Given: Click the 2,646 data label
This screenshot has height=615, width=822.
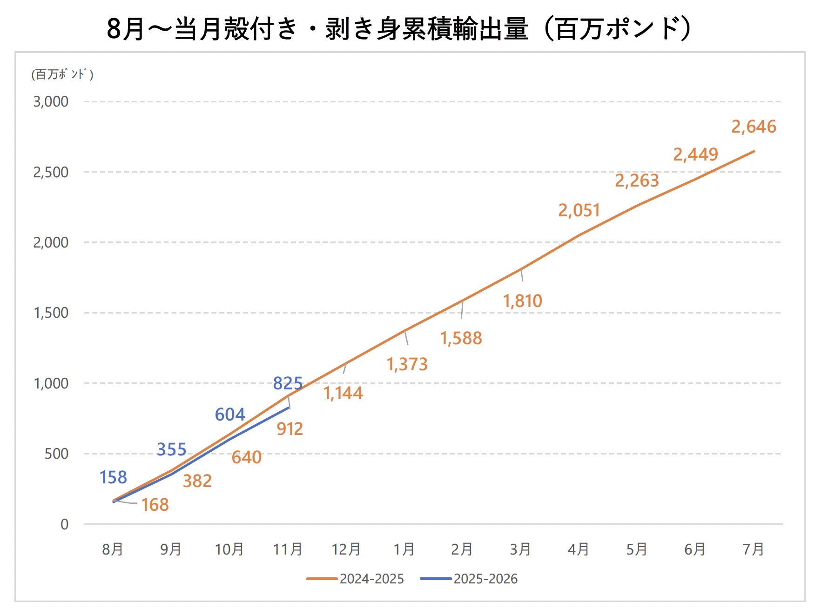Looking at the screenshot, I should point(754,127).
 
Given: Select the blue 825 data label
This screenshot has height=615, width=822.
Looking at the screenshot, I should point(288,383).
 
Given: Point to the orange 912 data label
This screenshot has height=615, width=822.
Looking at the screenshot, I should point(290,429).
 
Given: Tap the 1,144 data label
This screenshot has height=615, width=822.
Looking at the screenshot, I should point(343,393).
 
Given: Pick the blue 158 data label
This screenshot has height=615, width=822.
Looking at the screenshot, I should point(113,477).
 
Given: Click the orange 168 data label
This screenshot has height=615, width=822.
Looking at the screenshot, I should point(155,505).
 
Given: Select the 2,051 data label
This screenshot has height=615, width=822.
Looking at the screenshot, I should point(579,210).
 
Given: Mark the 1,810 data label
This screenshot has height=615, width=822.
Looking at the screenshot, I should point(523,301).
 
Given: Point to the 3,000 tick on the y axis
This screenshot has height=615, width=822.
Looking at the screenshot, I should point(51,101).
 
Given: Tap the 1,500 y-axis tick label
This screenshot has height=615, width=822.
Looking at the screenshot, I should point(51,313).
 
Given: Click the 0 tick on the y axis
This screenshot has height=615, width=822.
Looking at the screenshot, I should point(64,524).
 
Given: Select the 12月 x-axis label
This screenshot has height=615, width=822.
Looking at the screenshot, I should point(346,549).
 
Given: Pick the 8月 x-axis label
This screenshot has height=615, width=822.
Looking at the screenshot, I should point(113,549).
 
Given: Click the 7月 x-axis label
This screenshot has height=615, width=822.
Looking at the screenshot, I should point(753,549).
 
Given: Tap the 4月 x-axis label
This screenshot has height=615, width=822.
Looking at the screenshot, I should point(578,549).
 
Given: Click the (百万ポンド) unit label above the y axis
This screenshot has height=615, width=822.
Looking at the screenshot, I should point(62,74).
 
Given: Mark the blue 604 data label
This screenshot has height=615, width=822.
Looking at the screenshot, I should point(230,414).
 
